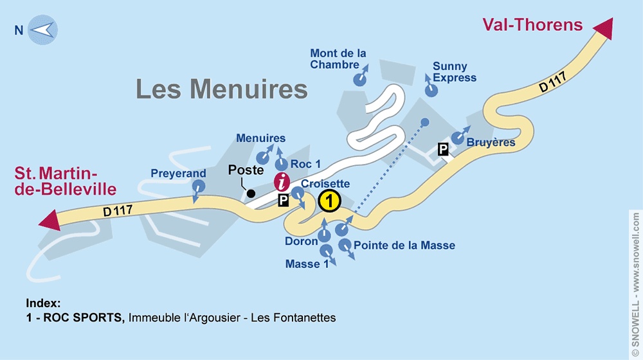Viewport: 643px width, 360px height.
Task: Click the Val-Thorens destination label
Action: pyautogui.click(x=532, y=25)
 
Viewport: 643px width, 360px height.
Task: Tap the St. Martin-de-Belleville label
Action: pyautogui.click(x=66, y=181)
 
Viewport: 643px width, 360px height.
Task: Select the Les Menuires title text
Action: pyautogui.click(x=222, y=89)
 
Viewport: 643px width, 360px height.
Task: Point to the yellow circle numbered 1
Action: pyautogui.click(x=329, y=201)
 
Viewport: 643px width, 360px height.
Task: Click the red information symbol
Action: pyautogui.click(x=282, y=182)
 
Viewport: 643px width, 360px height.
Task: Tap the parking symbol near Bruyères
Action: pyautogui.click(x=443, y=150)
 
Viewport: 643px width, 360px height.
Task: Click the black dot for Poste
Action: pyautogui.click(x=251, y=193)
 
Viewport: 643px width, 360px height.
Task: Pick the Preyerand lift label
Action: pyautogui.click(x=178, y=174)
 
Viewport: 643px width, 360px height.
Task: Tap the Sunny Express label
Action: pyautogui.click(x=455, y=72)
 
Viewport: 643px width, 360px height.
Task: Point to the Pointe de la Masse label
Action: pyautogui.click(x=404, y=246)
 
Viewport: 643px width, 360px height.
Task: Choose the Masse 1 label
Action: pyautogui.click(x=303, y=264)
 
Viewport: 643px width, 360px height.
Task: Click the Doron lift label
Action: pyautogui.click(x=302, y=242)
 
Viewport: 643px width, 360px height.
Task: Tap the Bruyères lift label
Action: pyautogui.click(x=491, y=143)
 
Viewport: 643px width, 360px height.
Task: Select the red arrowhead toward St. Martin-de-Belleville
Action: pyautogui.click(x=49, y=220)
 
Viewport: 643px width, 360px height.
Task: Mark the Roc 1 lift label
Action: pyautogui.click(x=305, y=165)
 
